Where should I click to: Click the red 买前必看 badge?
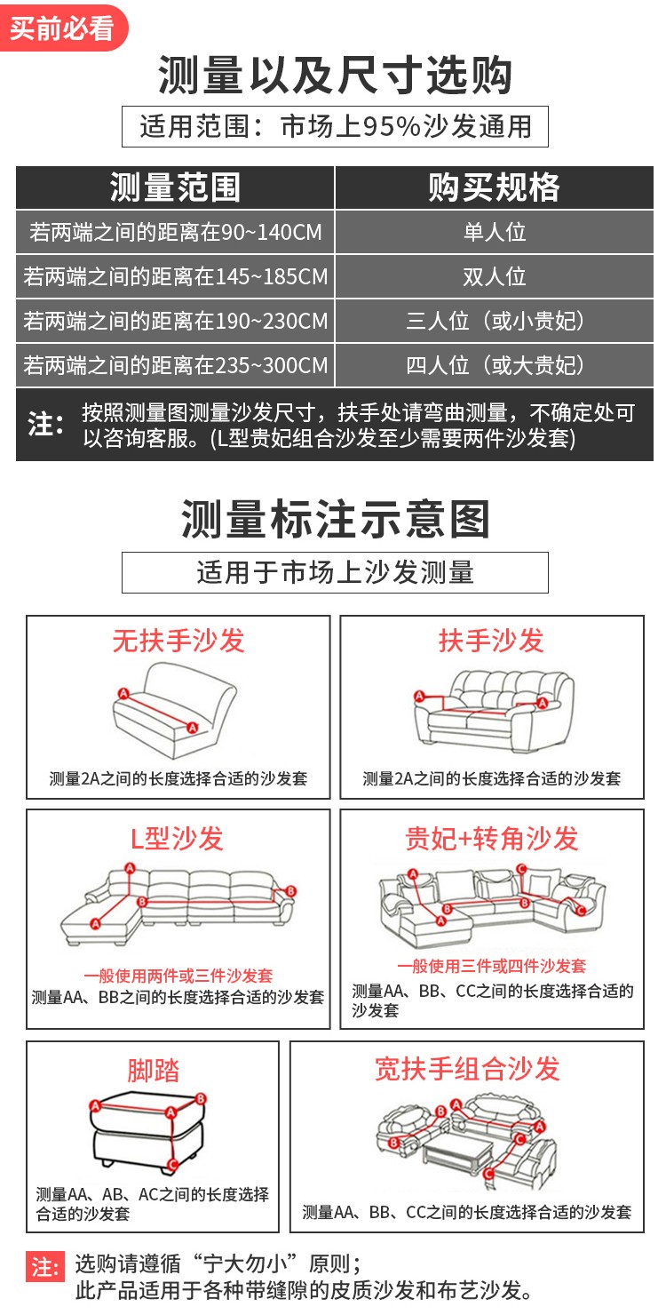point(63,28)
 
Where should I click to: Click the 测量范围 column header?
point(175,187)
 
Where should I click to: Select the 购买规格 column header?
point(494,187)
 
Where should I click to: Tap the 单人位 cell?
point(494,232)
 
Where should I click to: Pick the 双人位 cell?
point(494,276)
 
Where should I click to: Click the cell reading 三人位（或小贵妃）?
point(494,321)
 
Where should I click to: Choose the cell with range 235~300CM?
point(175,365)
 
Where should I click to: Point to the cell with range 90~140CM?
point(175,232)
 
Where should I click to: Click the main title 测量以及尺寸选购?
point(335,76)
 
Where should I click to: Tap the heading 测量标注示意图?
point(335,519)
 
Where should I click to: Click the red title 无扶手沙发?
point(178,640)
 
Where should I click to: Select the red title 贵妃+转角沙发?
point(492,839)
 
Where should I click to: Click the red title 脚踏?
point(153,1070)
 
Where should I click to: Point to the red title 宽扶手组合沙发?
point(467,1068)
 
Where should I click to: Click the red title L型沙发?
point(178,839)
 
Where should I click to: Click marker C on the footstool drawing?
point(173,1165)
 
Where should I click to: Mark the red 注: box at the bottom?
point(44,1266)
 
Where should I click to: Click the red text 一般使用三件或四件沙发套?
point(492,966)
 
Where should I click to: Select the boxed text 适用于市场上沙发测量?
point(335,572)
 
